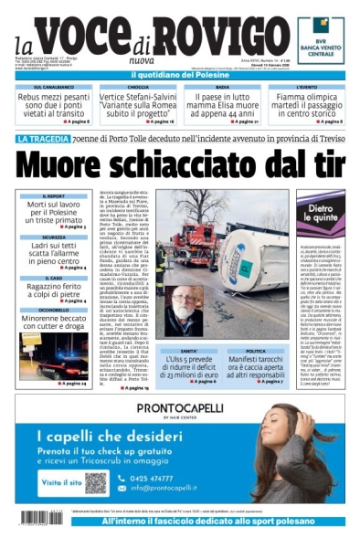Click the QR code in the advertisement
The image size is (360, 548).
click(x=98, y=480)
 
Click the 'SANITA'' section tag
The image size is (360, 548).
click(x=187, y=351)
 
